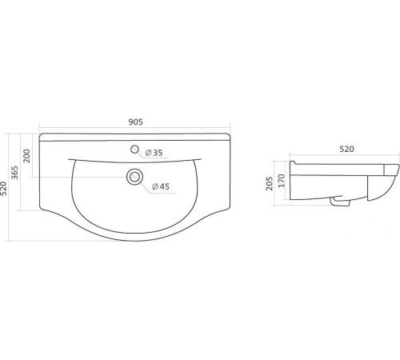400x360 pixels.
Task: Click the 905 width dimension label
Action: click(136, 122)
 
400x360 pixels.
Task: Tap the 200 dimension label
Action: click(27, 156)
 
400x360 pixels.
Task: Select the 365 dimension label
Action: click(15, 173)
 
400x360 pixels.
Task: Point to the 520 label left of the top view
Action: click(3, 188)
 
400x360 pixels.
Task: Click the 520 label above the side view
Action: click(346, 149)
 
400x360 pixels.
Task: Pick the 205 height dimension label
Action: click(270, 183)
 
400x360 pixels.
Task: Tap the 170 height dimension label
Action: click(282, 181)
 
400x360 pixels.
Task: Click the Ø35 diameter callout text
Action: click(154, 153)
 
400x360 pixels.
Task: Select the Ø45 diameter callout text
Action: click(161, 186)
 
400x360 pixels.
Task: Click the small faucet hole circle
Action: click(135, 150)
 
